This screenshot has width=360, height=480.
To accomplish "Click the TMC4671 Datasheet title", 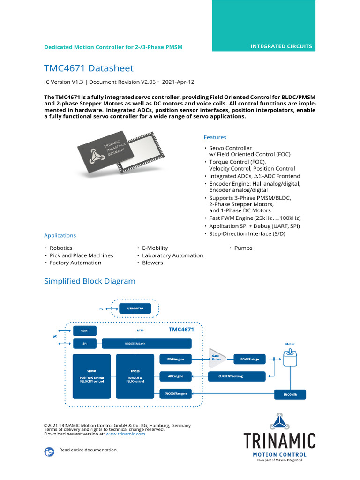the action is coord(89,68).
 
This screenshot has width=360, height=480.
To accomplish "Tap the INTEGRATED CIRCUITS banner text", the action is coord(281,46).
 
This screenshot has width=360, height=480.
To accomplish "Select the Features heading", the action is coord(215,137).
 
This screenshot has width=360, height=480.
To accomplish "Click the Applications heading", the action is coord(60,235).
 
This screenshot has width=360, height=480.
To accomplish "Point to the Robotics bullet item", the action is coord(61,248).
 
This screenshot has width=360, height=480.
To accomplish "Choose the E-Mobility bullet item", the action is coord(155,248).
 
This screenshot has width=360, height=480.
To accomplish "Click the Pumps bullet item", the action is coord(243,248).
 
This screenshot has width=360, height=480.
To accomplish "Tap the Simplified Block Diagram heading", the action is coord(90,281).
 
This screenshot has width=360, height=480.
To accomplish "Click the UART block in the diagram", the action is coord(85,330).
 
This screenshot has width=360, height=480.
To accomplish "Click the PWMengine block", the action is coord(175,360).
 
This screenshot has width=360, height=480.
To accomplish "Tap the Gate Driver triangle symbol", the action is coord(217,359).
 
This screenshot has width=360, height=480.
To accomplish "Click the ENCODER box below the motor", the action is coord(290,394).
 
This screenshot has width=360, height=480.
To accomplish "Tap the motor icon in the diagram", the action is coord(290,359).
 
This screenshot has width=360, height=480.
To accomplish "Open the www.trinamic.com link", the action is coord(125,434).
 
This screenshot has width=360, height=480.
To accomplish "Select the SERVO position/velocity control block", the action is coord(91,376).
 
